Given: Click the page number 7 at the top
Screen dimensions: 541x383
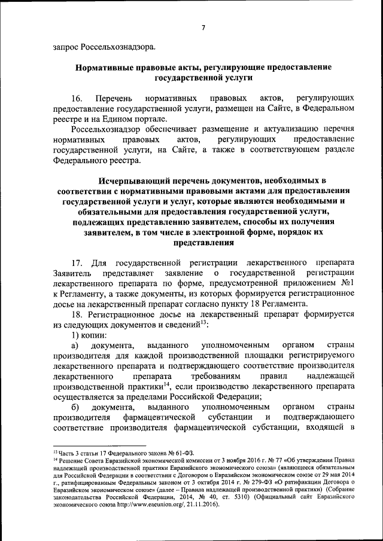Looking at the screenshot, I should [x=203, y=27].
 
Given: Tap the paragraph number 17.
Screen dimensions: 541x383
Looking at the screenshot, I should [x=76, y=262].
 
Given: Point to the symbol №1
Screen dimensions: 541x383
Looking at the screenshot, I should [x=350, y=284].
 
